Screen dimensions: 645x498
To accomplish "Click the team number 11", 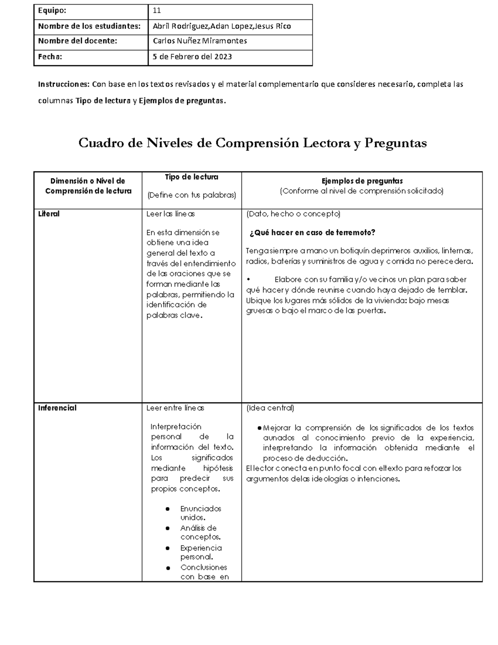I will pyautogui.click(x=157, y=11).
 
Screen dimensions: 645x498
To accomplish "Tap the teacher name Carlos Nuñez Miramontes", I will pyautogui.click(x=200, y=41).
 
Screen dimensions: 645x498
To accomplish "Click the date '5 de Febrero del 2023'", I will pyautogui.click(x=192, y=57).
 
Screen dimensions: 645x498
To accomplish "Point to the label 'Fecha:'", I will pyautogui.click(x=50, y=57).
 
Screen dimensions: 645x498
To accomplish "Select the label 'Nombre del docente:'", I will pyautogui.click(x=78, y=41).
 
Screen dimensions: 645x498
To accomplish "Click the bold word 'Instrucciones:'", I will pyautogui.click(x=63, y=84).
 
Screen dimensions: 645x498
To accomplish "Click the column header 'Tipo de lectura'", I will pyautogui.click(x=191, y=177).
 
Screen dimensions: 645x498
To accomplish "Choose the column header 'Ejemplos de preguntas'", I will pyautogui.click(x=362, y=181).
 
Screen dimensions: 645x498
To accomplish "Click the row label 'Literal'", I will pyautogui.click(x=49, y=214).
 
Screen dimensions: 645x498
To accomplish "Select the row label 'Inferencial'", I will pyautogui.click(x=57, y=408).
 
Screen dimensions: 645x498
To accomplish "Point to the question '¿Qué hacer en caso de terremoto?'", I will pyautogui.click(x=312, y=233).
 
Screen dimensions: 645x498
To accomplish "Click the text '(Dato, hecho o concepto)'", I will pyautogui.click(x=293, y=214).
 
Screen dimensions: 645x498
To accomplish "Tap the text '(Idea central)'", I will pyautogui.click(x=270, y=408).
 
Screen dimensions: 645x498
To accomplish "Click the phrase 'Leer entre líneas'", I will pyautogui.click(x=175, y=408).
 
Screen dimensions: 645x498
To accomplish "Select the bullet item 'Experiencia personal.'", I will pyautogui.click(x=201, y=552).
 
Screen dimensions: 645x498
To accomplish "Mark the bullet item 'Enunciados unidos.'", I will pyautogui.click(x=200, y=513).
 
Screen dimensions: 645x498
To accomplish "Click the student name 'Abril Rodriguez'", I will pyautogui.click(x=181, y=26).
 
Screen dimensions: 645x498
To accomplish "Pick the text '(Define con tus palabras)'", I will pyautogui.click(x=191, y=195).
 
